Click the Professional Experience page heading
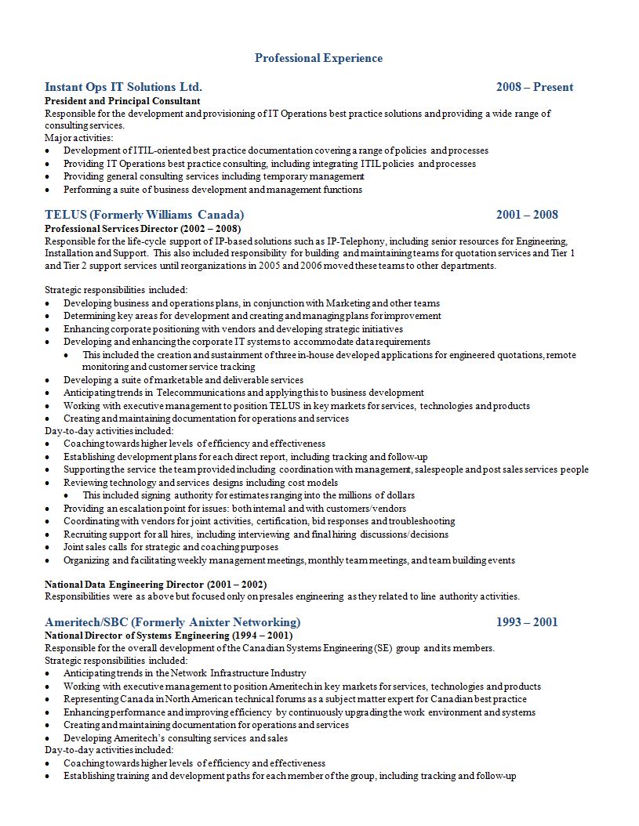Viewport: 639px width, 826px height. (318, 58)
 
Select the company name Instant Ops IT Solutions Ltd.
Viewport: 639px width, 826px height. (123, 87)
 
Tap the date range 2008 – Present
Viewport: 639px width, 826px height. (534, 87)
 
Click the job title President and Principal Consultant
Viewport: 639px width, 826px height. (122, 101)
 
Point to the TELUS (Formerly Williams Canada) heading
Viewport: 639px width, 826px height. (144, 215)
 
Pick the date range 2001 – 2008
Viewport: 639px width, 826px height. (527, 215)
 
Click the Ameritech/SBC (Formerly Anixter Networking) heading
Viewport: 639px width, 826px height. (172, 622)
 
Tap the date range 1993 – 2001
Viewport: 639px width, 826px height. (527, 622)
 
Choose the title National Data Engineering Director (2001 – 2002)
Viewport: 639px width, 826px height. (155, 584)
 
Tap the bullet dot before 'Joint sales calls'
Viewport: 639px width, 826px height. (49, 547)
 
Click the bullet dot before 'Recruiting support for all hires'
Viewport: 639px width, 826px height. (49, 534)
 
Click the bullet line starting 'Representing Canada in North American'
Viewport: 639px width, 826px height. (295, 699)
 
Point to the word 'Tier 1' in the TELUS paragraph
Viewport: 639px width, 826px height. (561, 253)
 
